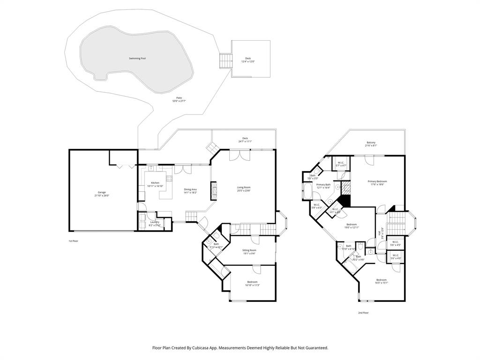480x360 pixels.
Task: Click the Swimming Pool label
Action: [x=137, y=59]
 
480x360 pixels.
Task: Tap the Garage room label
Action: [x=102, y=192]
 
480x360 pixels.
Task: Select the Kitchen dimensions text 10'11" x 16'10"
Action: [x=155, y=186]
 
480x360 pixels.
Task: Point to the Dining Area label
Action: [x=190, y=189]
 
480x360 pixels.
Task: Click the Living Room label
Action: [x=243, y=187]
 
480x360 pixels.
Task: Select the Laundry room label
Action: [x=155, y=222]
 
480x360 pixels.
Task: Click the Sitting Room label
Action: [x=249, y=250]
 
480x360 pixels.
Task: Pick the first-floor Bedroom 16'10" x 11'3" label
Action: [x=252, y=281]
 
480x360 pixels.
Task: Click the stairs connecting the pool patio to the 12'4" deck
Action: [x=226, y=60]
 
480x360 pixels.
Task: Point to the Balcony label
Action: [x=371, y=142]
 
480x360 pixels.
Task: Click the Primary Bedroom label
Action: [x=377, y=181]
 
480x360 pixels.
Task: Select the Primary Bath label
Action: [x=323, y=185]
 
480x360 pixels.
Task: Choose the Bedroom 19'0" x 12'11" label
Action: [x=352, y=225]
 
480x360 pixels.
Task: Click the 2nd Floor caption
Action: [x=363, y=313]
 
